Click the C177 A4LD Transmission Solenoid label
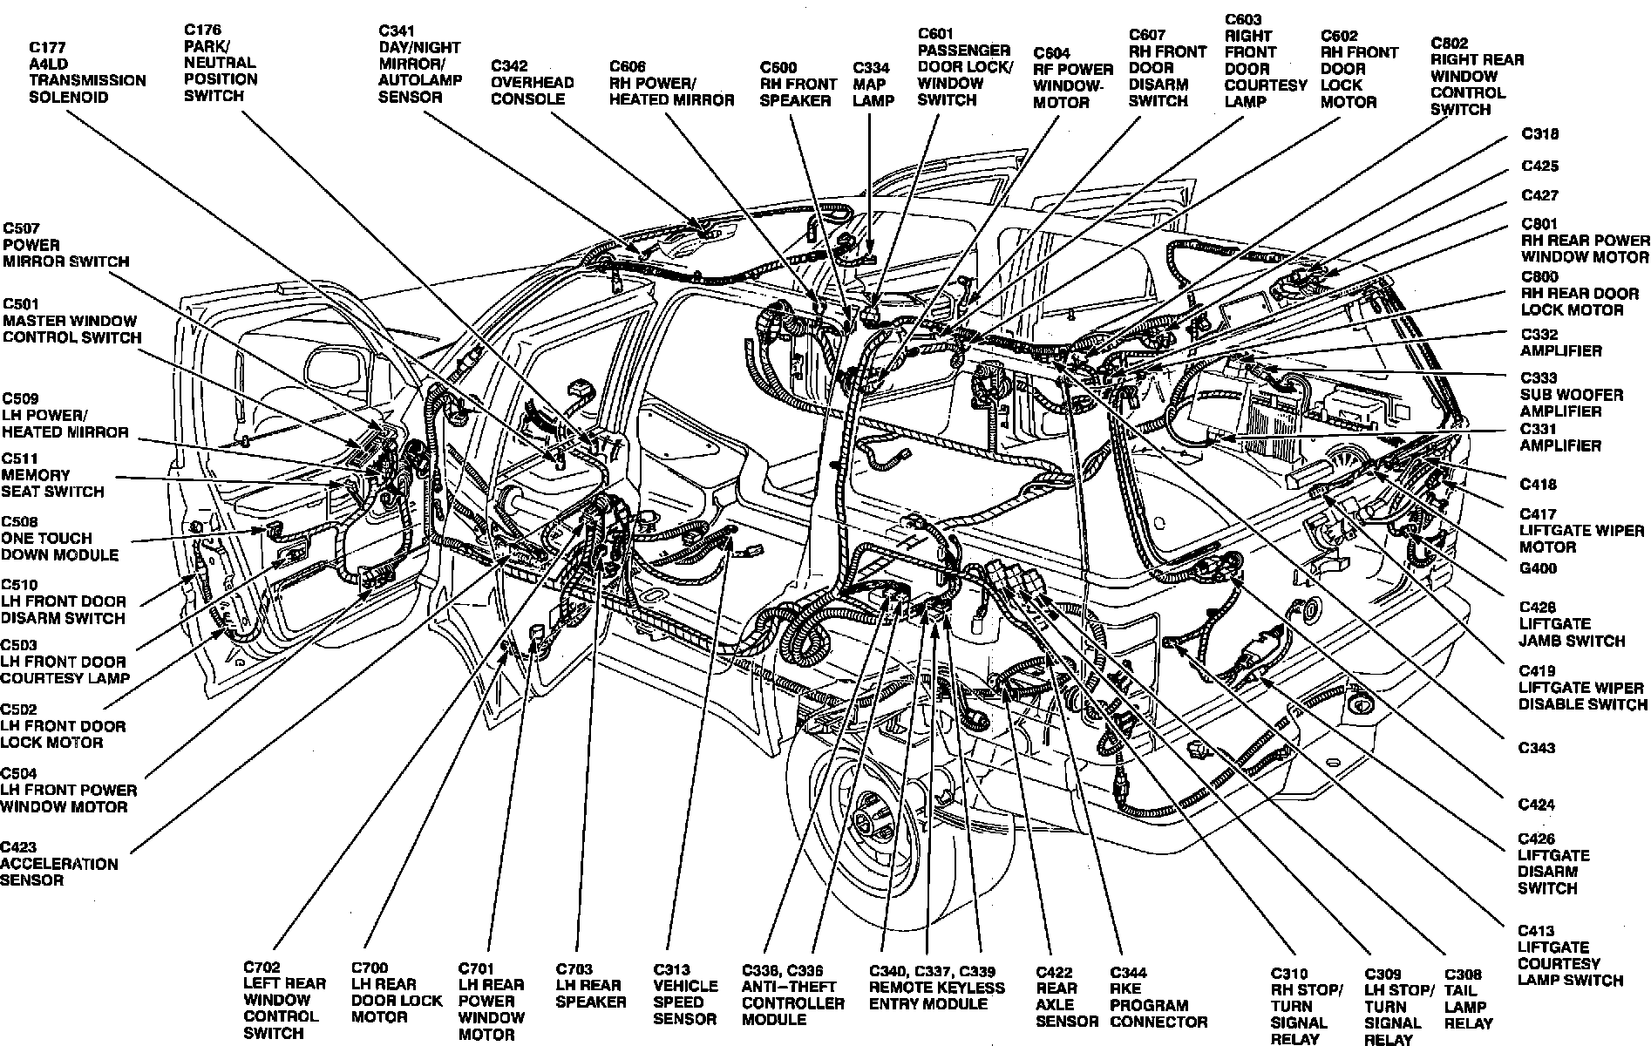pyautogui.click(x=87, y=71)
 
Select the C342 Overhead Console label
pyautogui.click(x=532, y=83)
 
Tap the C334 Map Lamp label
pyautogui.click(x=873, y=85)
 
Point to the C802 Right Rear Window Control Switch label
pyautogui.click(x=1477, y=76)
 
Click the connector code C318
pyautogui.click(x=1539, y=134)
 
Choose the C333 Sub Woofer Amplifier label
pyautogui.click(x=1572, y=394)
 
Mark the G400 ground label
pyautogui.click(x=1538, y=568)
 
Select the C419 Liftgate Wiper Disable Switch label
pyautogui.click(x=1583, y=687)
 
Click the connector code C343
pyautogui.click(x=1536, y=748)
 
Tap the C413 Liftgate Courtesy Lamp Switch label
pyautogui.click(x=1570, y=955)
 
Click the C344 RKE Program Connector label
pyautogui.click(x=1158, y=997)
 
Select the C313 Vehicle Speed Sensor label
pyautogui.click(x=686, y=994)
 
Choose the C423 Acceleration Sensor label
pyautogui.click(x=58, y=864)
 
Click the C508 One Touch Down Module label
pyautogui.click(x=59, y=538)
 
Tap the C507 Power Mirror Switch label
pyautogui.click(x=65, y=245)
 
